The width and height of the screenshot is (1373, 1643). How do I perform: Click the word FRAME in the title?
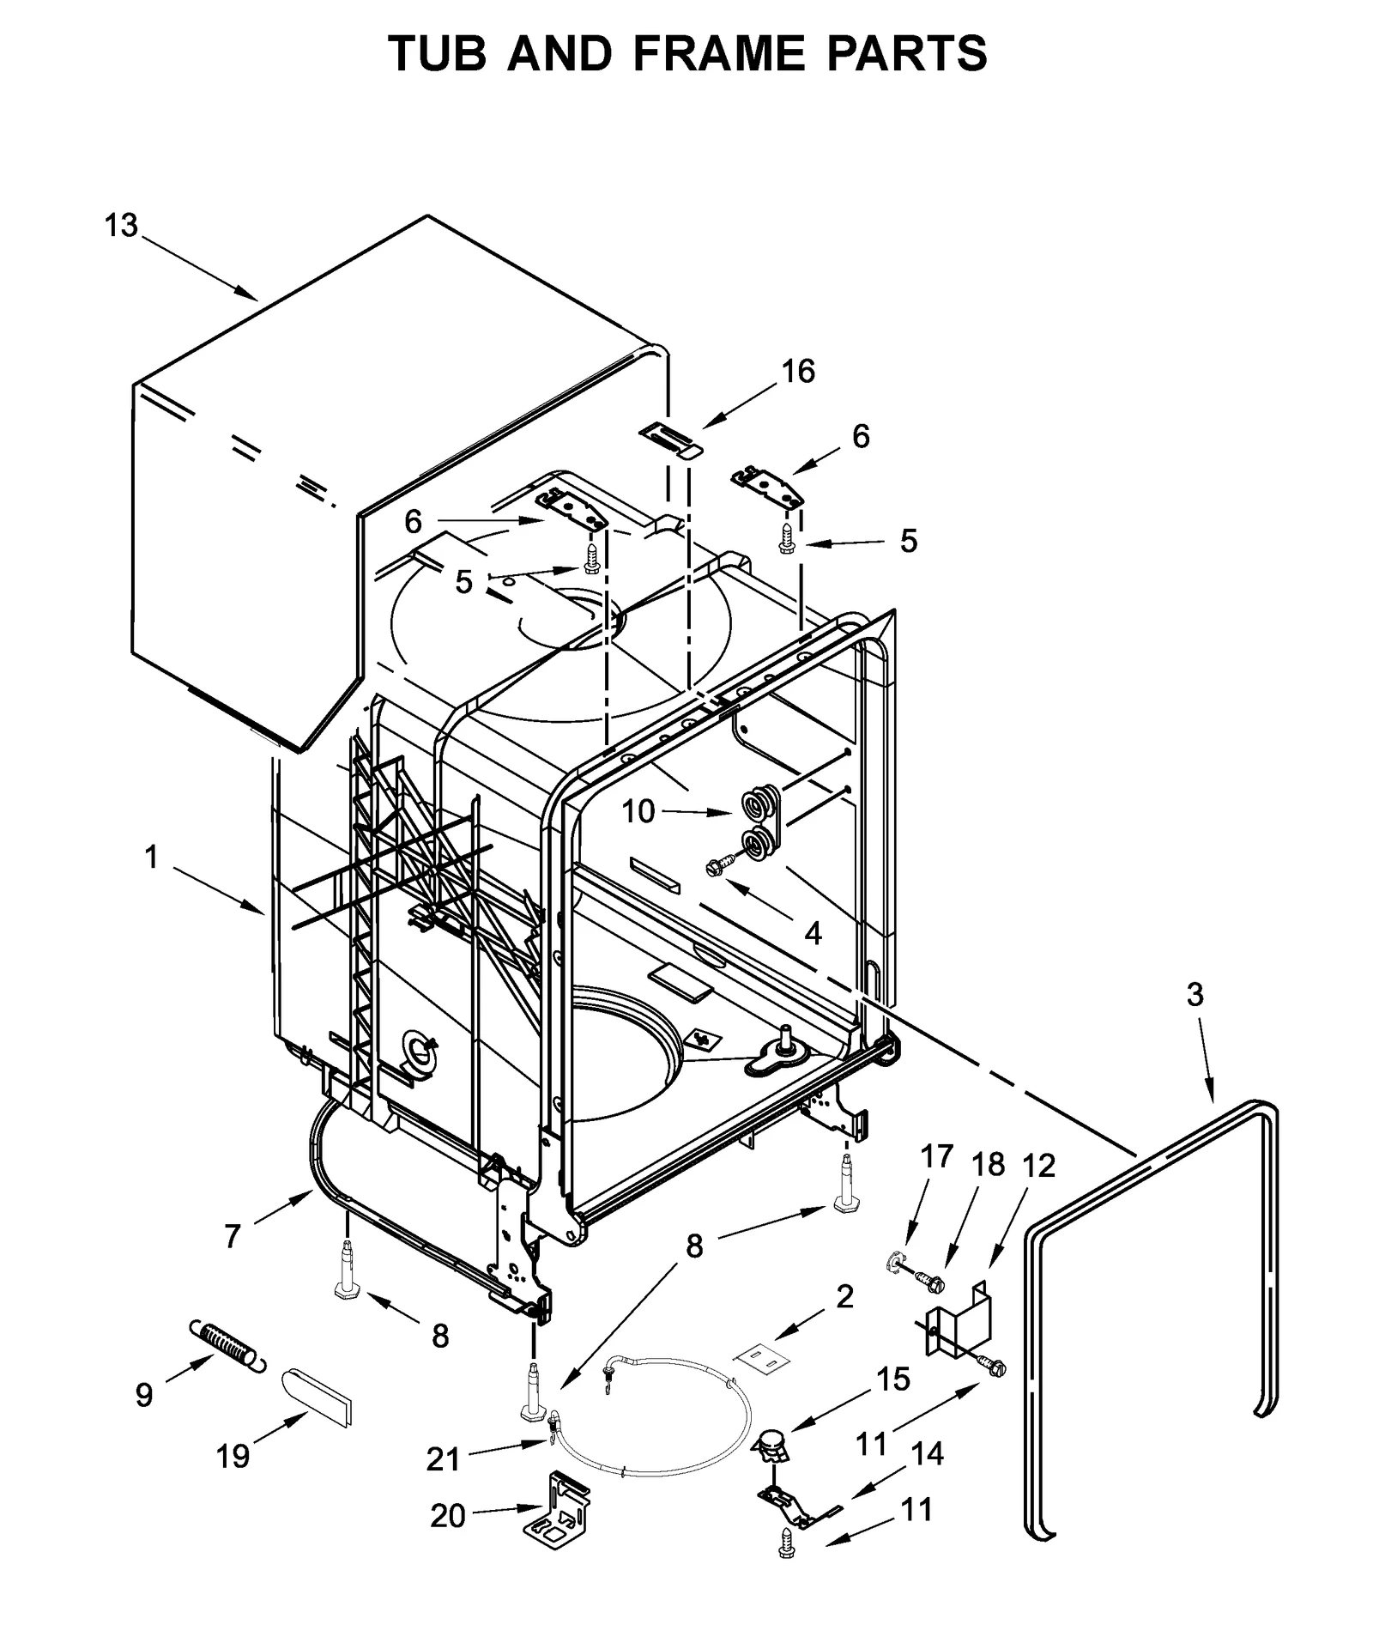(719, 53)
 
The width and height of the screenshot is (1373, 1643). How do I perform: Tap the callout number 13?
(121, 226)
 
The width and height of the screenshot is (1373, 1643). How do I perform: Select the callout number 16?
(797, 371)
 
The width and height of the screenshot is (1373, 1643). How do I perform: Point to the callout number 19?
(233, 1456)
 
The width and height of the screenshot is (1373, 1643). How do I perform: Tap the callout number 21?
(443, 1458)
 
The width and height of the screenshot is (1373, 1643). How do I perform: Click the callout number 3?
(1195, 995)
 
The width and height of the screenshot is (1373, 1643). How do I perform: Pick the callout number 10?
(638, 811)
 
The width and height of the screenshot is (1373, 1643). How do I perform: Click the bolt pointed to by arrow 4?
(717, 868)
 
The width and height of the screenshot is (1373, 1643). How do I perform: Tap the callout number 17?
(937, 1156)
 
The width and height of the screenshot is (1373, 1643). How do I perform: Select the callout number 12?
(1038, 1166)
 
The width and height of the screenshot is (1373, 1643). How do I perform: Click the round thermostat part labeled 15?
(771, 1445)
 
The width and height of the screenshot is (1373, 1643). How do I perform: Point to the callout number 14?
(927, 1454)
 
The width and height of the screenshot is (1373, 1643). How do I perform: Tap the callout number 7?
(233, 1236)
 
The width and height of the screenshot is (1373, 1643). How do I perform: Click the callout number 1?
(152, 857)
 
